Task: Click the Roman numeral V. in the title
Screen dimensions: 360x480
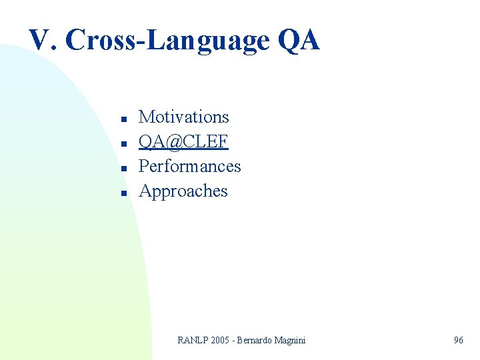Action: (42, 41)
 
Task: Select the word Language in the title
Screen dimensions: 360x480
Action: (206, 41)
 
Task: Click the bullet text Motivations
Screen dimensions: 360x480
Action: (183, 117)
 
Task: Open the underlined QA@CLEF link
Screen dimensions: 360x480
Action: (183, 141)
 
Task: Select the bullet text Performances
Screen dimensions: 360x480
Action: (189, 166)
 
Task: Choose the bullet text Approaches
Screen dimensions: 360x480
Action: (183, 191)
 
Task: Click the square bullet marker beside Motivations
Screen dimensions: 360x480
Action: (124, 119)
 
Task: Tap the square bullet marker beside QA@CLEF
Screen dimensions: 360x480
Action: (124, 144)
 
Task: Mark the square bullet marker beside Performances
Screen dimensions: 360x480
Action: (124, 169)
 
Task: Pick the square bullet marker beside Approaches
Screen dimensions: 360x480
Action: (124, 193)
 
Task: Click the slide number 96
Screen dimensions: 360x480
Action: (459, 341)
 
